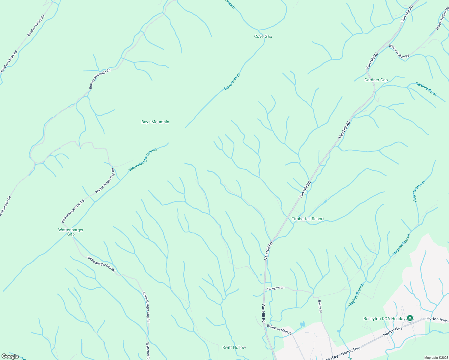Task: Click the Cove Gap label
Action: [x=263, y=37]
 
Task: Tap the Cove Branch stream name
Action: [x=232, y=82]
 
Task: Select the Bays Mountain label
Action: [x=155, y=122]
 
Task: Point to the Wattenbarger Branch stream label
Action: [x=143, y=160]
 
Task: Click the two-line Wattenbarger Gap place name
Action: [x=71, y=232]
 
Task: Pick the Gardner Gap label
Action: [x=376, y=80]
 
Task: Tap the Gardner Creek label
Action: [x=426, y=89]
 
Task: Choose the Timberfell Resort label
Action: [x=308, y=219]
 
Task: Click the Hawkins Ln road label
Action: [x=276, y=288]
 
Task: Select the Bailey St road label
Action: [x=320, y=307]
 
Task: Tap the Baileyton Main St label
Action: [x=279, y=329]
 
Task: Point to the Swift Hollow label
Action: [x=234, y=348]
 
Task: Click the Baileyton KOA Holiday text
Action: [x=384, y=319]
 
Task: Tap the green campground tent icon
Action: [x=410, y=318]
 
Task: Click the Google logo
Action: [x=10, y=356]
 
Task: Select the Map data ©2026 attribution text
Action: [x=436, y=358]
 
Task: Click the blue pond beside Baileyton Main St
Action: [x=302, y=324]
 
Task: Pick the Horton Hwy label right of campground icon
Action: [x=437, y=319]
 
